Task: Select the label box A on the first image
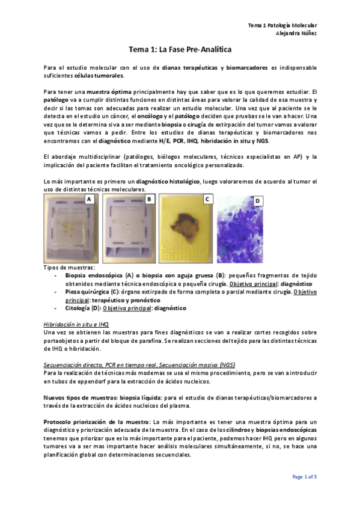click(x=89, y=198)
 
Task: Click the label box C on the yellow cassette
click(x=207, y=198)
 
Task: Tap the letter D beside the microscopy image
click(x=258, y=200)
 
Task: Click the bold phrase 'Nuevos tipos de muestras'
click(x=81, y=398)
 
